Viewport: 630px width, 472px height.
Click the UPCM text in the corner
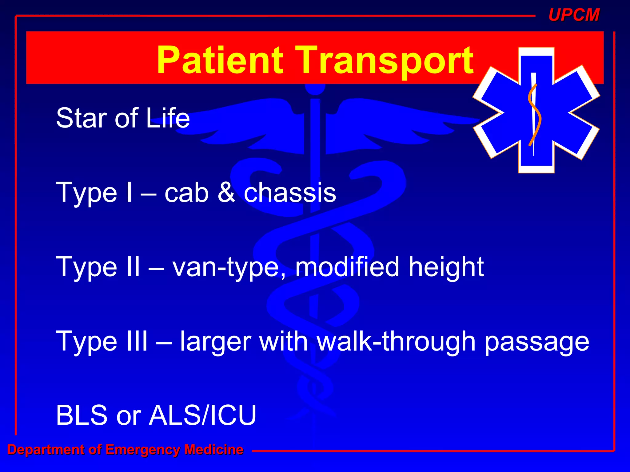click(x=574, y=15)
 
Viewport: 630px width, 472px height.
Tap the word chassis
click(x=290, y=193)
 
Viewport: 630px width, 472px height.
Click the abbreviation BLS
click(x=82, y=415)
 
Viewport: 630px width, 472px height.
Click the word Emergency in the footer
click(x=143, y=450)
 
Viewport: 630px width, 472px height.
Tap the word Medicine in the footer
click(x=214, y=449)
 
